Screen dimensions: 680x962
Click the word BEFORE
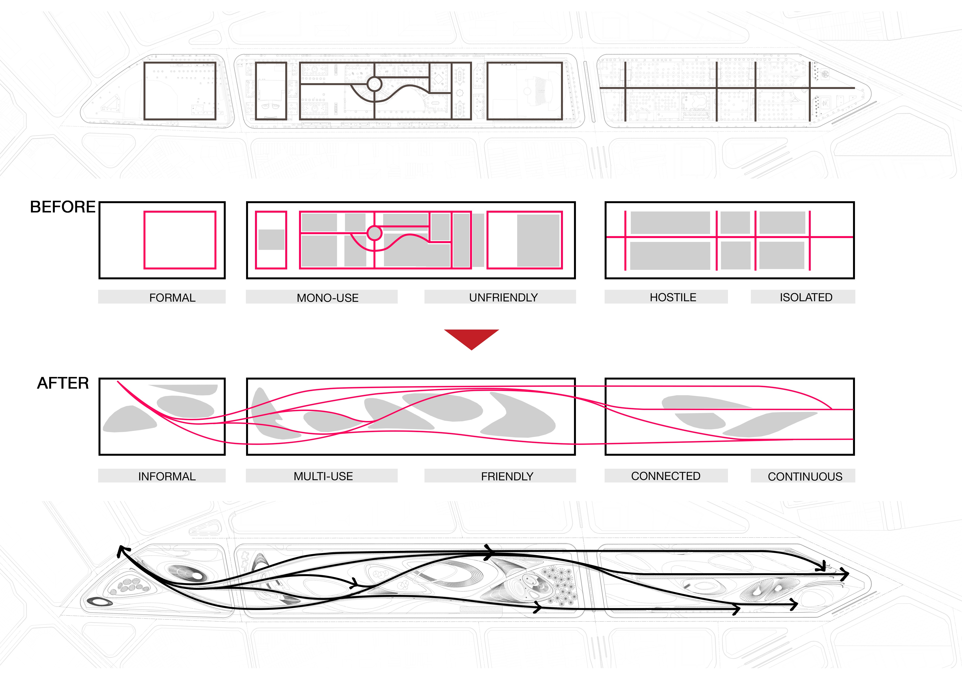tap(63, 207)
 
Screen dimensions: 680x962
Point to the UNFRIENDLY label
tap(503, 297)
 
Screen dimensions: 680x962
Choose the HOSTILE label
tap(673, 297)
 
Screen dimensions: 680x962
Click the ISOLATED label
tap(806, 297)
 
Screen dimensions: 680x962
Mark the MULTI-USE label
tap(323, 476)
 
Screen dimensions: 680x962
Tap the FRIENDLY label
tap(507, 476)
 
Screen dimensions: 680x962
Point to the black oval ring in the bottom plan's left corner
tap(99, 602)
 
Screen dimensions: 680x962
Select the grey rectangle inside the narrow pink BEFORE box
tap(271, 240)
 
